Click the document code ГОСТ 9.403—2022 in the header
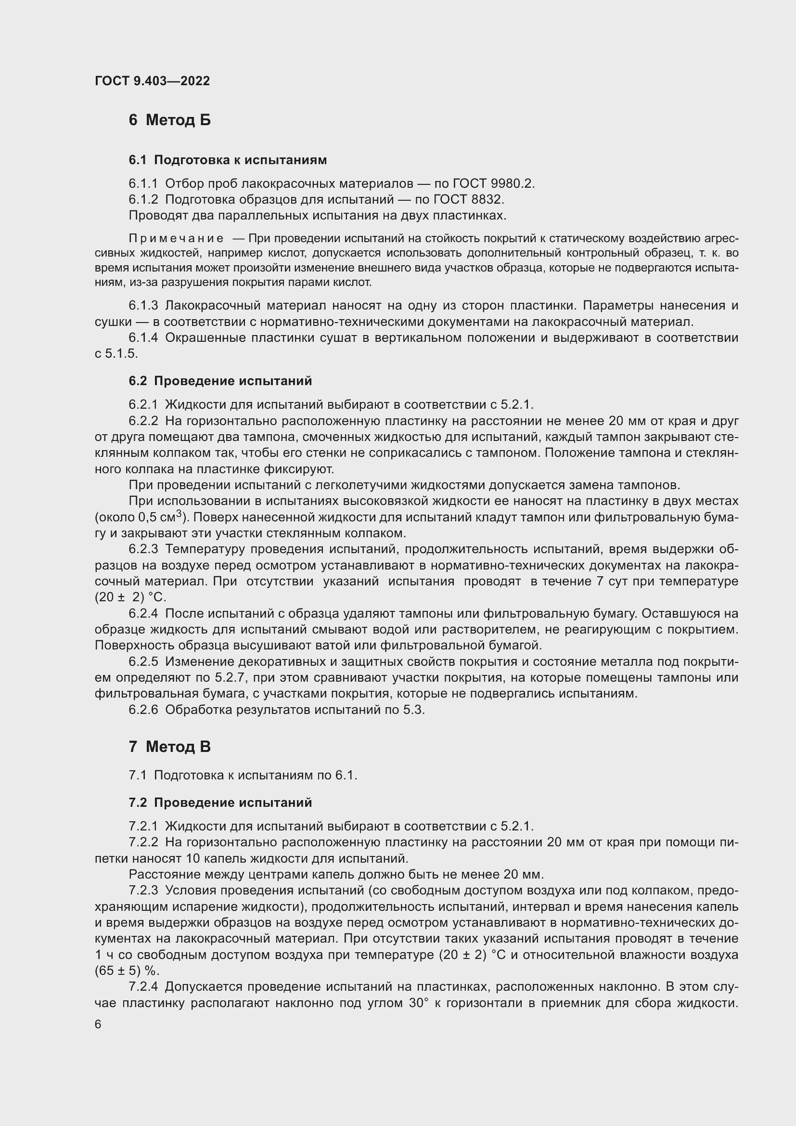152,81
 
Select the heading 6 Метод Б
169,120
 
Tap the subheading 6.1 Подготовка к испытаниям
228,160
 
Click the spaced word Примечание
176,238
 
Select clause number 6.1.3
143,306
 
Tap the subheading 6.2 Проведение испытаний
220,381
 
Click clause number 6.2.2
143,421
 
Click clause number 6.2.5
143,661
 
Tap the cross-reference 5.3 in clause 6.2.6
415,710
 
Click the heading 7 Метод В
169,747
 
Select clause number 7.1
138,776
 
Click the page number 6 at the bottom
98,1024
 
